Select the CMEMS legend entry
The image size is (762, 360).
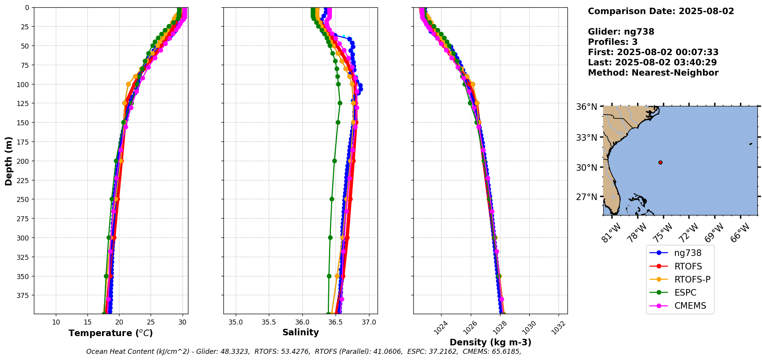pyautogui.click(x=690, y=306)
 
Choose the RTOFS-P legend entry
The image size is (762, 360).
pyautogui.click(x=692, y=279)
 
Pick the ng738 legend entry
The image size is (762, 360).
pyautogui.click(x=687, y=253)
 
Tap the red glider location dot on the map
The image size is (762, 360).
pyautogui.click(x=660, y=162)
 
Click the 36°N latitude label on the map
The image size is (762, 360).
pyautogui.click(x=586, y=107)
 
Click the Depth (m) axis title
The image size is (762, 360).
pyautogui.click(x=8, y=161)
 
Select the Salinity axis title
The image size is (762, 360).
pyautogui.click(x=300, y=332)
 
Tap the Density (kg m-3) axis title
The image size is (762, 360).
pyautogui.click(x=490, y=342)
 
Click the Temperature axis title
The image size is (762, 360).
pyautogui.click(x=111, y=333)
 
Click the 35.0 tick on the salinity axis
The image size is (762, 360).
pyautogui.click(x=236, y=322)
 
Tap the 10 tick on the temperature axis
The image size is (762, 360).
pyautogui.click(x=56, y=322)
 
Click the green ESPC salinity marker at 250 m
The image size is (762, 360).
pyautogui.click(x=332, y=199)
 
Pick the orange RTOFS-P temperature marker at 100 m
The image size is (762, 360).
pyautogui.click(x=128, y=84)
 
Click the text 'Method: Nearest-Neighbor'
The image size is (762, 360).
pyautogui.click(x=653, y=73)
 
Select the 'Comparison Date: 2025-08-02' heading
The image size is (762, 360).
pyautogui.click(x=661, y=11)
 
